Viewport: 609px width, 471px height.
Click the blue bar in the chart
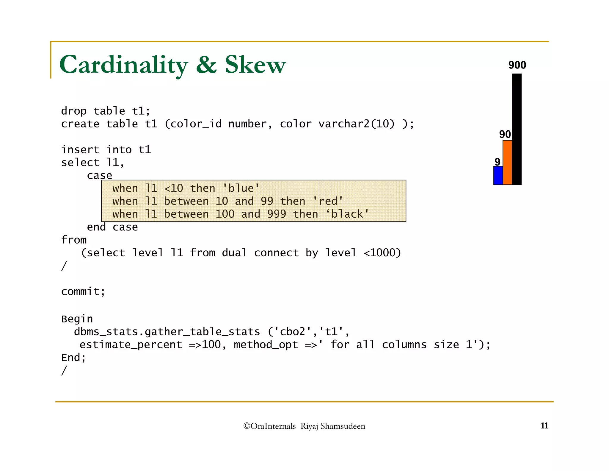pyautogui.click(x=498, y=175)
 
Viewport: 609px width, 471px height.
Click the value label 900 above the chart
pyautogui.click(x=517, y=65)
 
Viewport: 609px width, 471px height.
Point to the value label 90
pyautogui.click(x=505, y=134)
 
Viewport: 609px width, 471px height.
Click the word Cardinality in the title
pyautogui.click(x=124, y=65)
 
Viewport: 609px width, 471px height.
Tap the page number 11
pyautogui.click(x=544, y=426)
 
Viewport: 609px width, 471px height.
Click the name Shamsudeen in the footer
pyautogui.click(x=343, y=426)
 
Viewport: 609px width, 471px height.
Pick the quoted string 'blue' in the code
pyautogui.click(x=241, y=188)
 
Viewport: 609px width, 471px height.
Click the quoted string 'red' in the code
pyautogui.click(x=328, y=201)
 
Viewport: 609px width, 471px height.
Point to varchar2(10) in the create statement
pyautogui.click(x=357, y=124)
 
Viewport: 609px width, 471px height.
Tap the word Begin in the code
pyautogui.click(x=77, y=319)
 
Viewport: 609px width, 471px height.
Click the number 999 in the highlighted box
pyautogui.click(x=277, y=214)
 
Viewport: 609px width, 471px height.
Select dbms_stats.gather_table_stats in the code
pyautogui.click(x=167, y=332)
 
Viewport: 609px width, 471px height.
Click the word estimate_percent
pyautogui.click(x=131, y=344)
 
